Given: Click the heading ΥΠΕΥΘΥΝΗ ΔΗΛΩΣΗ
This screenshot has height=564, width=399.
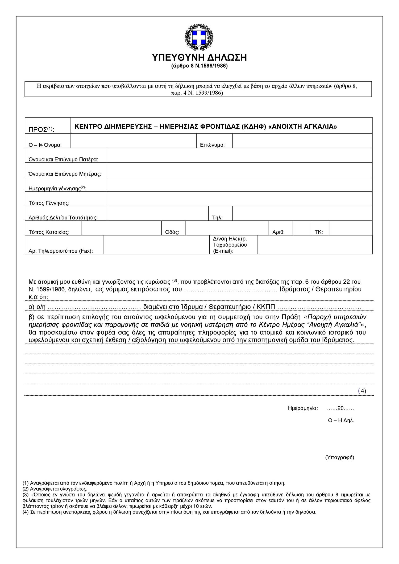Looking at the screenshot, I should pyautogui.click(x=199, y=57).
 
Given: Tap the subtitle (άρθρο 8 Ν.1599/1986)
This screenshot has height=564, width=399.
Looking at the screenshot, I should pyautogui.click(x=199, y=66).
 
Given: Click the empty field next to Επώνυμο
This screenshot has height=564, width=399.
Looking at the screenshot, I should pyautogui.click(x=302, y=141).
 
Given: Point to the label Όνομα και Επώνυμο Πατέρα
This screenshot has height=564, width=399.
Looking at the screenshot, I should pyautogui.click(x=63, y=160).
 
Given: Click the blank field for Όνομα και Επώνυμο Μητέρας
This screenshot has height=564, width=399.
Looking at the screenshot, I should pyautogui.click(x=239, y=170).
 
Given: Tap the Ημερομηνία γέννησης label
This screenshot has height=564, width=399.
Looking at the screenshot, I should pyautogui.click(x=57, y=189).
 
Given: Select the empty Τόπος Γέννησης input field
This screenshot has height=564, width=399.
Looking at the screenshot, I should pyautogui.click(x=239, y=199).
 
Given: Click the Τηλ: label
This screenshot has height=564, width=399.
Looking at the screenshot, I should pyautogui.click(x=217, y=218).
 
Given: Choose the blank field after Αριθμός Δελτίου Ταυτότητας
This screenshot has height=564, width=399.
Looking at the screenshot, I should pyautogui.click(x=157, y=214).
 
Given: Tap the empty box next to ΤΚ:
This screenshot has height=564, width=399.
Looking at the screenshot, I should pyautogui.click(x=350, y=228).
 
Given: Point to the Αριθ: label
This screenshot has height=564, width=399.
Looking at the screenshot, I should pyautogui.click(x=278, y=232).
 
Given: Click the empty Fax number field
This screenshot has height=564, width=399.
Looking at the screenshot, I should pyautogui.click(x=156, y=245).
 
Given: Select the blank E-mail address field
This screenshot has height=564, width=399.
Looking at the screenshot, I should pyautogui.click(x=315, y=245).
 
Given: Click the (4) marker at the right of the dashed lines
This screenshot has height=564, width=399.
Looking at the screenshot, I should pyautogui.click(x=362, y=391).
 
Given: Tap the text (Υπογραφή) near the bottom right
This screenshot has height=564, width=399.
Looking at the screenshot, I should pyautogui.click(x=340, y=457).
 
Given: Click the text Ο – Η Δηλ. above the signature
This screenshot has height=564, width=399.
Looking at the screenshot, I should pyautogui.click(x=341, y=420).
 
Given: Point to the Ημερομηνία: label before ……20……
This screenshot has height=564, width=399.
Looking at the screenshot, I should pyautogui.click(x=303, y=408).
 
